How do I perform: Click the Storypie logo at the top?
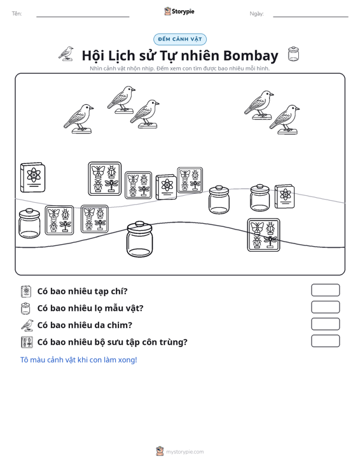pyautogui.click(x=179, y=11)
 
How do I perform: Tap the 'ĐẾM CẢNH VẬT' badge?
pyautogui.click(x=180, y=39)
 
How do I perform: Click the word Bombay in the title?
pyautogui.click(x=251, y=55)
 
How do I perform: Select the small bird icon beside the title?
pyautogui.click(x=66, y=53)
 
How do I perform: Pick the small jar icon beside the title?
pyautogui.click(x=293, y=54)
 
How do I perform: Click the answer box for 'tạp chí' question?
pyautogui.click(x=325, y=290)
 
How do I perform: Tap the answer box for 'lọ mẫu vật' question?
pyautogui.click(x=325, y=307)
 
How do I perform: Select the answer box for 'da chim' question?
pyautogui.click(x=325, y=324)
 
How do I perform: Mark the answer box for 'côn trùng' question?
pyautogui.click(x=325, y=341)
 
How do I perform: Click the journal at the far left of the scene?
pyautogui.click(x=32, y=177)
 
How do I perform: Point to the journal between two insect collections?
pyautogui.click(x=166, y=187)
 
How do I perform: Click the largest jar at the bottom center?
pyautogui.click(x=139, y=239)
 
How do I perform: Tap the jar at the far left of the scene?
pyautogui.click(x=29, y=223)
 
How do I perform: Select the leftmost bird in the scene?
pyautogui.click(x=78, y=119)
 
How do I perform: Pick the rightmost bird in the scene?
pyautogui.click(x=284, y=120)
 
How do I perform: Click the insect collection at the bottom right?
pyautogui.click(x=264, y=235)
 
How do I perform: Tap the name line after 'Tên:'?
pyautogui.click(x=83, y=17)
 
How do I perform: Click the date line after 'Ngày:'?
pyautogui.click(x=310, y=17)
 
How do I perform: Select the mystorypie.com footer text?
pyautogui.click(x=184, y=452)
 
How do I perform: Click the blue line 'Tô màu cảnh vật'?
pyautogui.click(x=78, y=360)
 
